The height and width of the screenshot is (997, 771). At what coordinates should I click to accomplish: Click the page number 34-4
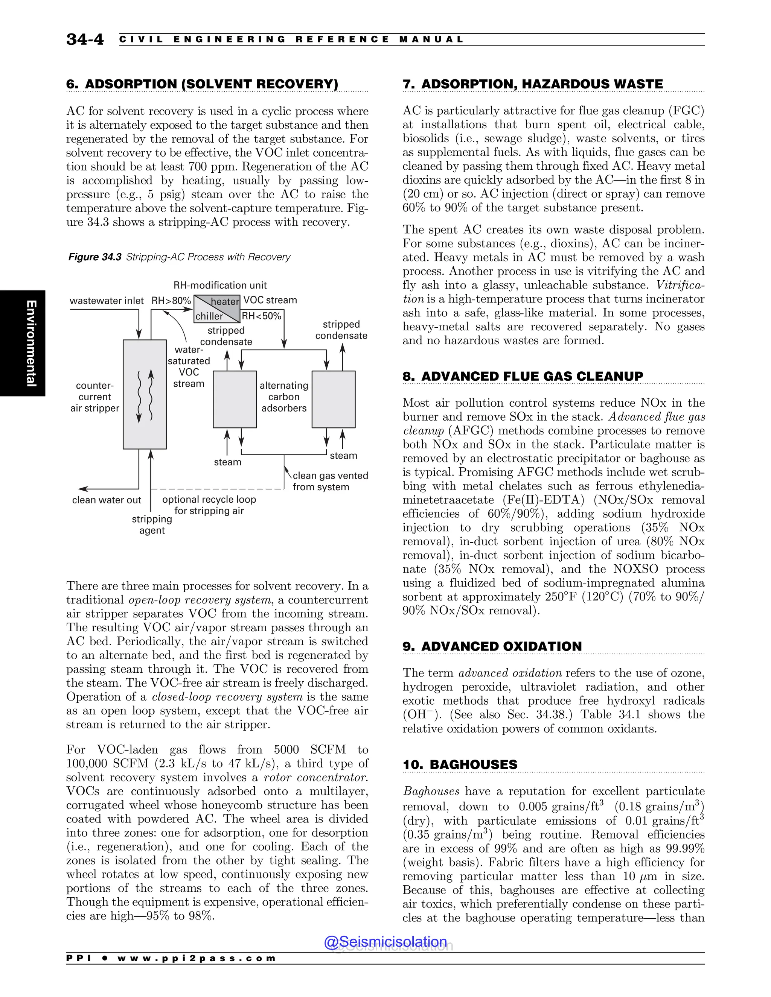tap(85, 39)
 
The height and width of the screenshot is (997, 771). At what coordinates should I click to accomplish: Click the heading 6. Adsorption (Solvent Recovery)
tap(202, 84)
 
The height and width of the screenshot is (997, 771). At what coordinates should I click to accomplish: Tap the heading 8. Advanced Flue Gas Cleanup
tap(523, 376)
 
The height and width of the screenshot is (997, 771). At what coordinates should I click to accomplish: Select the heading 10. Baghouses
tap(460, 764)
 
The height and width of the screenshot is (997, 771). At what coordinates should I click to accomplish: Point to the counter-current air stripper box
tap(144, 394)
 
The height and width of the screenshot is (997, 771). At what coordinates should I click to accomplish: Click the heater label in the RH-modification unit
tap(225, 302)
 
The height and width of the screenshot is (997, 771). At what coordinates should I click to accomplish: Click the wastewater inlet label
tap(107, 300)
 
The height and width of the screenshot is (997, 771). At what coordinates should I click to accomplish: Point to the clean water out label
tap(107, 500)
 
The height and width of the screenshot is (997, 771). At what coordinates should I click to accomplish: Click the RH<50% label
tap(261, 316)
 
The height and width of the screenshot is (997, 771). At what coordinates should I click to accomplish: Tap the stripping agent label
tap(152, 524)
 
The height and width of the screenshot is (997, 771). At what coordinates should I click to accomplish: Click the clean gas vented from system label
tap(330, 481)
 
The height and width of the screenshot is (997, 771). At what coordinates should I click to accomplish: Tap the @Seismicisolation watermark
tap(385, 942)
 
